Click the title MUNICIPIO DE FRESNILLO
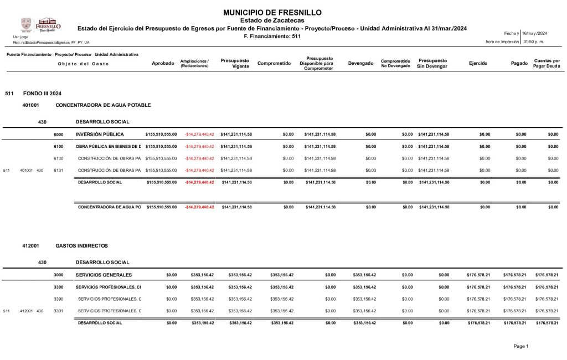click(x=272, y=13)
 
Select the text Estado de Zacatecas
click(x=272, y=20)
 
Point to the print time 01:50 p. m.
click(x=534, y=42)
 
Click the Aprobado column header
click(x=163, y=63)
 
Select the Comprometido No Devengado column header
click(x=395, y=63)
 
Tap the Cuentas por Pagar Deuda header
click(x=547, y=63)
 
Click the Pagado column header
click(x=519, y=63)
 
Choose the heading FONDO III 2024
click(x=38, y=93)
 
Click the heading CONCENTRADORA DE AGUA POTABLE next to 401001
click(x=103, y=105)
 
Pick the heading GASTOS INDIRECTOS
click(x=81, y=245)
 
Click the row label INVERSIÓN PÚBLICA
click(x=100, y=134)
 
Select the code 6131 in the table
click(x=58, y=170)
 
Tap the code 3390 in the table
click(x=58, y=299)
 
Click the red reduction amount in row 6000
click(x=199, y=134)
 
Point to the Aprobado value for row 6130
click(x=161, y=158)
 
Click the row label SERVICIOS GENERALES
click(x=104, y=275)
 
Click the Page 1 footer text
click(x=521, y=346)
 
